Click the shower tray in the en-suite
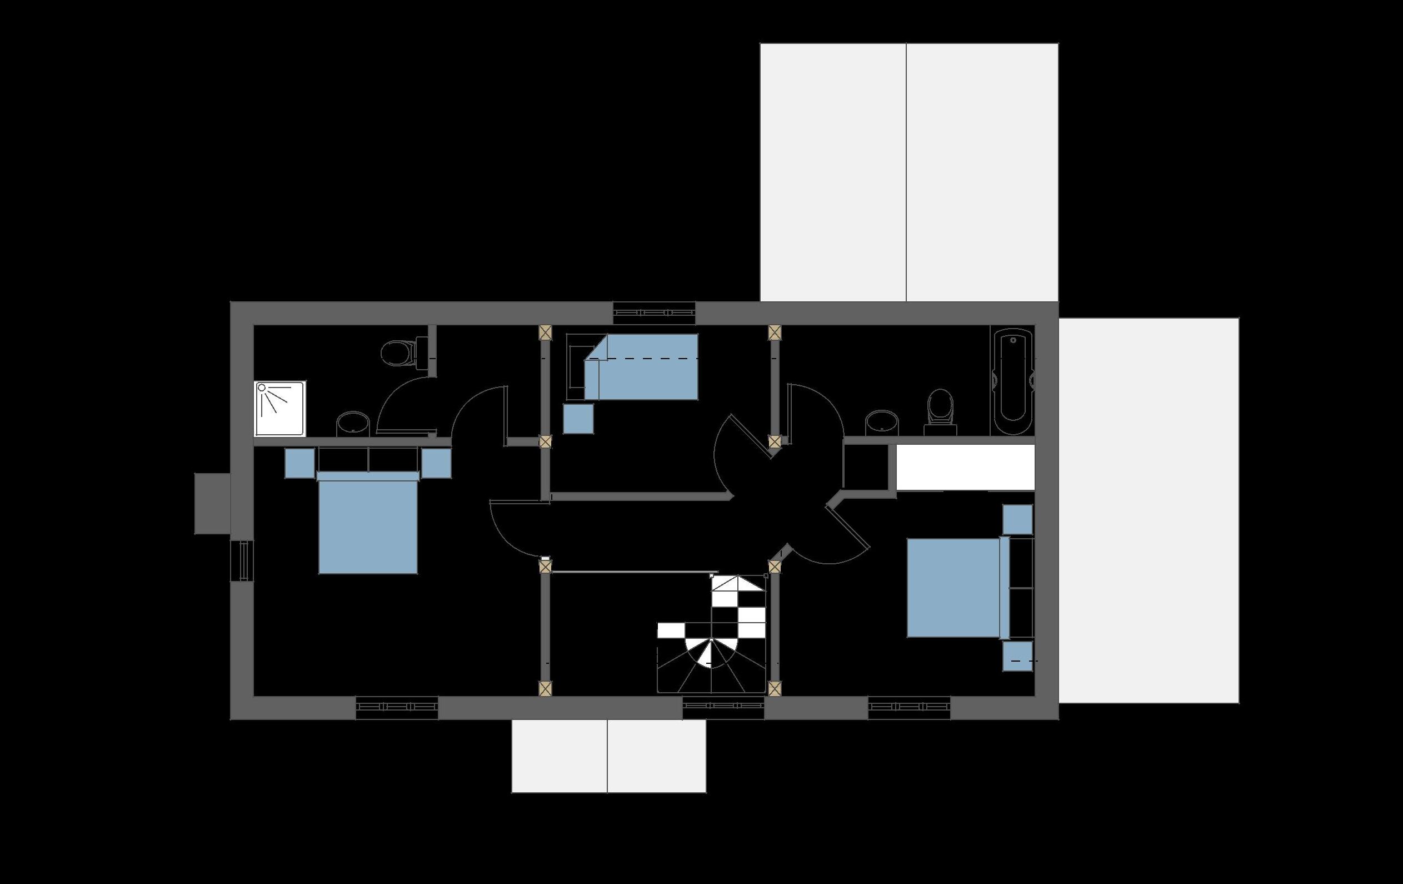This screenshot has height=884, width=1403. coord(279,408)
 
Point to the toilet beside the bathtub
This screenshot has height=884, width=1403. coord(940,411)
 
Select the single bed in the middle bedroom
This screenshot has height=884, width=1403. coord(641,367)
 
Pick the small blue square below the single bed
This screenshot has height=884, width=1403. coord(578,418)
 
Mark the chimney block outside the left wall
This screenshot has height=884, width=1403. coord(212,503)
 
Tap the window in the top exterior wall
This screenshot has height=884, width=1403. coord(655,312)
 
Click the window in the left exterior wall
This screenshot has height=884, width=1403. coord(242,560)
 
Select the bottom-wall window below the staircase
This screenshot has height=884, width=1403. coord(723,707)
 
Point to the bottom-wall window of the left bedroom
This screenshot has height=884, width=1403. coord(397,707)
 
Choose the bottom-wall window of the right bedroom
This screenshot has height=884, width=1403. coord(910,707)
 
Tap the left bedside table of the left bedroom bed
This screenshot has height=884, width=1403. coord(299,464)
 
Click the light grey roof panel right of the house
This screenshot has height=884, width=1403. coord(1149,510)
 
